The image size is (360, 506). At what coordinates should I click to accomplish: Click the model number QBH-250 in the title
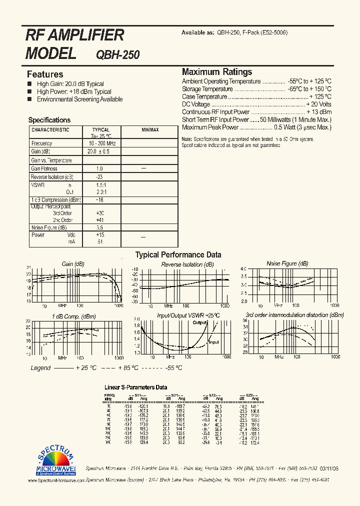[117, 54]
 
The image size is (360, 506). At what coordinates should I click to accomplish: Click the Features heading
[45, 74]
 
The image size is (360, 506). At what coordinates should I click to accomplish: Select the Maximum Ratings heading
[217, 72]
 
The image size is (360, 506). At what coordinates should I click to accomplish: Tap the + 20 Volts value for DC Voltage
[318, 104]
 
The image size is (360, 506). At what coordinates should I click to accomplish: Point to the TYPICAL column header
[101, 130]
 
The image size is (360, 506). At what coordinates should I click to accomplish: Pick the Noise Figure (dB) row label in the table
[49, 227]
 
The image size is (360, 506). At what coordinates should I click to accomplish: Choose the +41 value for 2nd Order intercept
[100, 220]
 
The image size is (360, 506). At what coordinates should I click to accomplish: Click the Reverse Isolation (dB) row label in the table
[52, 177]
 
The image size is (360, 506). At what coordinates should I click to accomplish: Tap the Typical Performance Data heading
[178, 255]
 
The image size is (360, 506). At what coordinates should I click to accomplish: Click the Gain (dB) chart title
[73, 264]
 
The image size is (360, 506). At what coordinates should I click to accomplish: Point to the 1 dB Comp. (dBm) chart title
[74, 316]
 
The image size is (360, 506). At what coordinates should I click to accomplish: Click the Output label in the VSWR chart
[200, 322]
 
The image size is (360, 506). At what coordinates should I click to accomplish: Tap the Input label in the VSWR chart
[213, 342]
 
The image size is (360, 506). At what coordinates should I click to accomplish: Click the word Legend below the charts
[40, 368]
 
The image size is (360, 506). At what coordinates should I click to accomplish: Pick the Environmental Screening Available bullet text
[79, 99]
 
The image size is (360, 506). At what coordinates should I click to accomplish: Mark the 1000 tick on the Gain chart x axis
[118, 305]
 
